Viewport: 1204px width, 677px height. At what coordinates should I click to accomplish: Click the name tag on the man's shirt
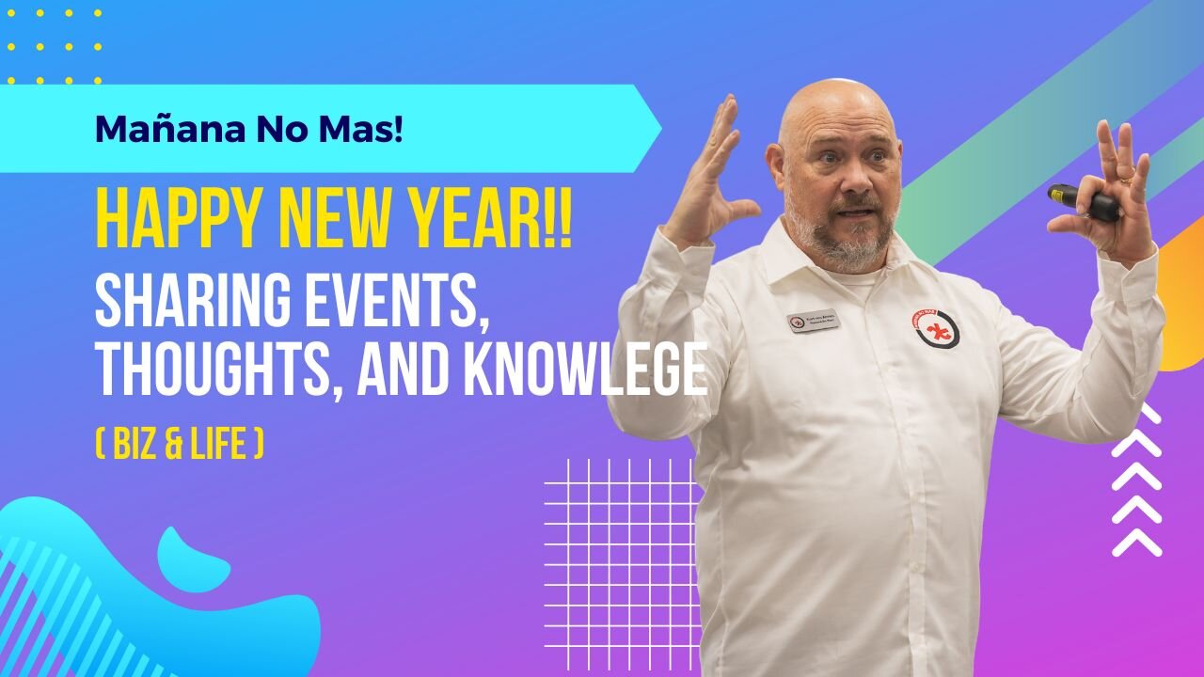click(x=814, y=323)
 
